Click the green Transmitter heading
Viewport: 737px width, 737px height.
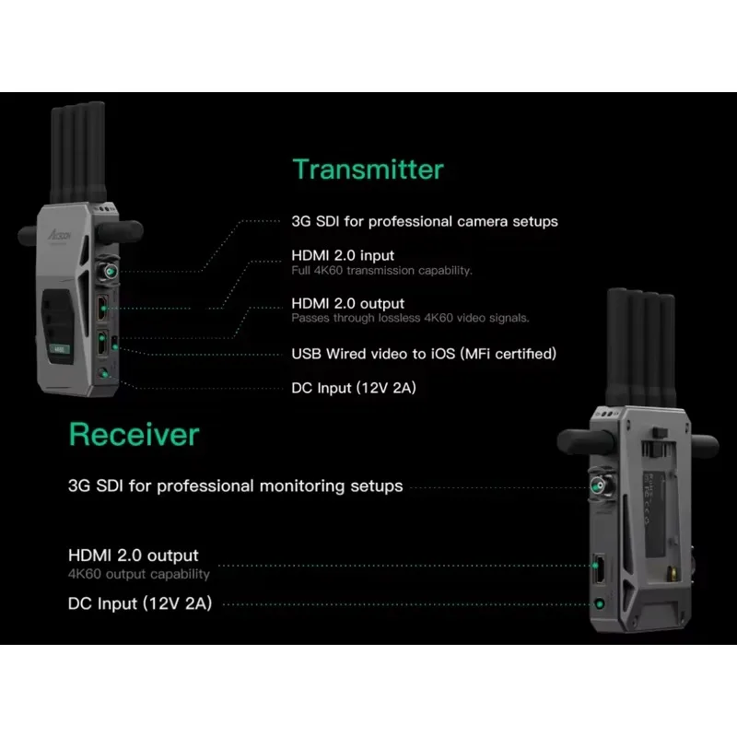click(x=368, y=170)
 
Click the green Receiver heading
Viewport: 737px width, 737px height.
click(x=135, y=434)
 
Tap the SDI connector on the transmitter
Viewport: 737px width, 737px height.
click(x=109, y=270)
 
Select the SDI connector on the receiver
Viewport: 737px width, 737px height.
click(x=599, y=485)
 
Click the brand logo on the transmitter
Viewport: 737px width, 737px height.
click(x=59, y=234)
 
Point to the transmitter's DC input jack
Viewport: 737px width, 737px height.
click(x=103, y=373)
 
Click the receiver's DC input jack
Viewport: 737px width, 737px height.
click(x=600, y=603)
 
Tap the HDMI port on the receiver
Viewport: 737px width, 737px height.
click(x=598, y=569)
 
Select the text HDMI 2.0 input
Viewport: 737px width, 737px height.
click(x=343, y=255)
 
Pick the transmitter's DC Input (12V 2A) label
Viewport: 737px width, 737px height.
click(x=354, y=388)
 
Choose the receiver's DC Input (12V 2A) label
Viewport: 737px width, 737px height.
click(x=140, y=603)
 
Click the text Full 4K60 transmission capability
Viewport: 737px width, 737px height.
click(x=381, y=270)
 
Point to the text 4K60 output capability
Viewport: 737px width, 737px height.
click(x=139, y=574)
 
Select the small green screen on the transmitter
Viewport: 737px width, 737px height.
click(x=60, y=349)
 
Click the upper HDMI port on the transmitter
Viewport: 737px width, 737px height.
click(x=102, y=308)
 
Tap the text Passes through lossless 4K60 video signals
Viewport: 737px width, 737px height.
click(x=410, y=318)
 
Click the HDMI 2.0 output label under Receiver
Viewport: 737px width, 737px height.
click(x=134, y=556)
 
